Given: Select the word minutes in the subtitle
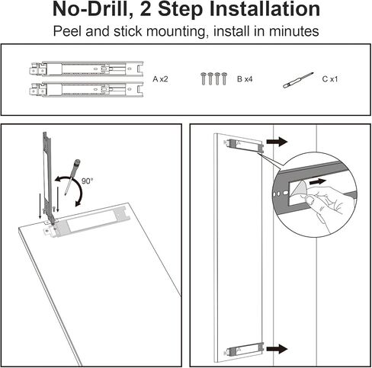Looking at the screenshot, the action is point(293,31).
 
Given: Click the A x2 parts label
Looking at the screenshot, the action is point(160,79).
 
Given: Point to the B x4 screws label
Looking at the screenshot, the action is point(245,79).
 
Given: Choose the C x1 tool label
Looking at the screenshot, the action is point(330,79).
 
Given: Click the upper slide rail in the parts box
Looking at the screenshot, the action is point(86,69).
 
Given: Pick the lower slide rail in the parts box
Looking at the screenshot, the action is point(86,89).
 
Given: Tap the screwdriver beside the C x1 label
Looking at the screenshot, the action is point(298,81).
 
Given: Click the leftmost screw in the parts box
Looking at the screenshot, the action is point(204,78).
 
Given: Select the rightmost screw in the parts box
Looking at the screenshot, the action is point(224,78).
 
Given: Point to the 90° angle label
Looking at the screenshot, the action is point(87,181).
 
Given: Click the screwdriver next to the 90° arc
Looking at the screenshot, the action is point(72,177).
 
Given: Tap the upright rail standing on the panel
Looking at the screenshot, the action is point(48,178).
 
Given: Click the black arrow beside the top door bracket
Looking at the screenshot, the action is point(277,142).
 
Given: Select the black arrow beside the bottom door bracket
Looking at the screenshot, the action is point(277,349).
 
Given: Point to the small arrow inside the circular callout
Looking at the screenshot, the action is point(317,181).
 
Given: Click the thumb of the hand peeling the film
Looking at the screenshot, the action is point(309,200).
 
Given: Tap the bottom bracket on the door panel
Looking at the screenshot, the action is point(244,350).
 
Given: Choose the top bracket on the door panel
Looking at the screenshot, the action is point(244,146).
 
